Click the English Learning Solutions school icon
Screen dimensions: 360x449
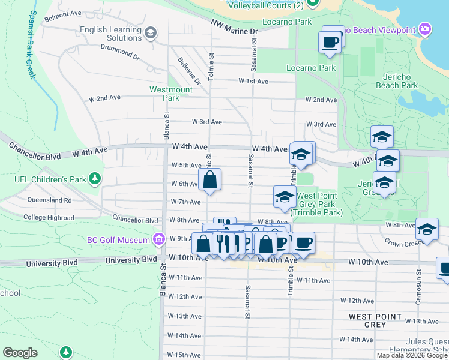(151, 32)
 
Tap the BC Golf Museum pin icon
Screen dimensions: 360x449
(158, 240)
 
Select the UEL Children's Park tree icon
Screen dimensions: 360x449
(94, 178)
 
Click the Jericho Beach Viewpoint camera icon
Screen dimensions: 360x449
(426, 29)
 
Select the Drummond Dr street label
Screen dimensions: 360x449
(120, 52)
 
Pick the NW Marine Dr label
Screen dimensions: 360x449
(234, 27)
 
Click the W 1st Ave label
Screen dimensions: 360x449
(253, 80)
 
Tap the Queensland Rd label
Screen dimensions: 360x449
(49, 200)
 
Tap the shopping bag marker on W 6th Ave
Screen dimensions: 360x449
(209, 179)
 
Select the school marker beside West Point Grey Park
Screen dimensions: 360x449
(285, 197)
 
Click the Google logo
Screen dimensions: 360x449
(20, 353)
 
